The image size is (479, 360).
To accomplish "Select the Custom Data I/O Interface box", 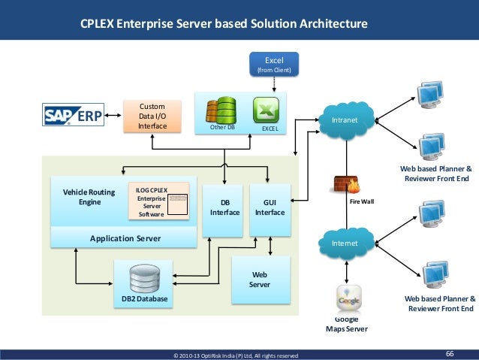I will tap(152, 116).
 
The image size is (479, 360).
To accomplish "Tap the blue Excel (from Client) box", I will tap(275, 63).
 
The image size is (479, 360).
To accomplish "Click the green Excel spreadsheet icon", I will tap(267, 111).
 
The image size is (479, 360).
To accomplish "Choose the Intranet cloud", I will tap(345, 119).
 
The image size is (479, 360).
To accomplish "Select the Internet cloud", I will tap(345, 243).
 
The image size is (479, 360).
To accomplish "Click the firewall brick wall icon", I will tap(345, 185).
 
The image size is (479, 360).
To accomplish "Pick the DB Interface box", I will tap(224, 207).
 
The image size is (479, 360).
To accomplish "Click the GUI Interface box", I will tap(270, 207).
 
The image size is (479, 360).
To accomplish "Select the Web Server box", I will tap(258, 279).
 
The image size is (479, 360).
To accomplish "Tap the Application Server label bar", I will tap(125, 238).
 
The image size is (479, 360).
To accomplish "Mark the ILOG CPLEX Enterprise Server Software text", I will tap(151, 202).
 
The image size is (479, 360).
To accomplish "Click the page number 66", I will tap(450, 353).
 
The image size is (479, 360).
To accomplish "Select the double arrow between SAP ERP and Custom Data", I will tap(113, 116).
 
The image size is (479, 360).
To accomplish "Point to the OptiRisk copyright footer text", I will tap(236, 355).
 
